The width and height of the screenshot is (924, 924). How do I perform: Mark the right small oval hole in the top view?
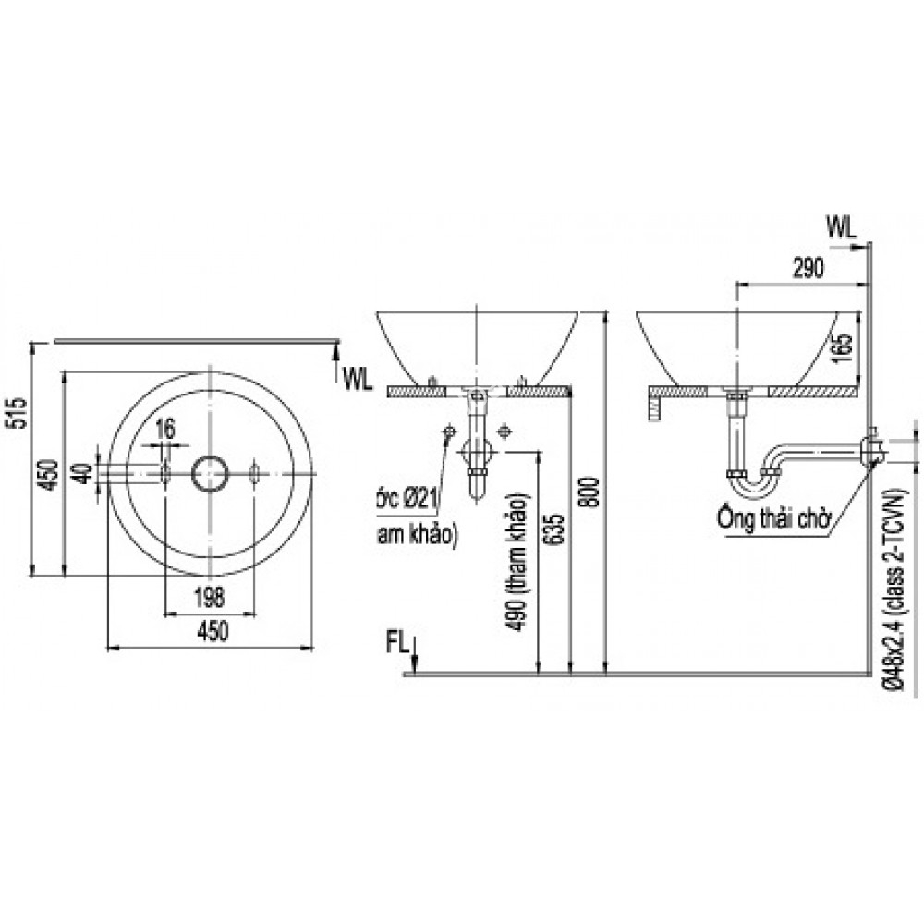pyautogui.click(x=255, y=473)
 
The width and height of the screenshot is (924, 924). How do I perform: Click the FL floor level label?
pyautogui.click(x=398, y=643)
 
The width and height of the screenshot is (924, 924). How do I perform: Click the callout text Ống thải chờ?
pyautogui.click(x=772, y=515)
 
